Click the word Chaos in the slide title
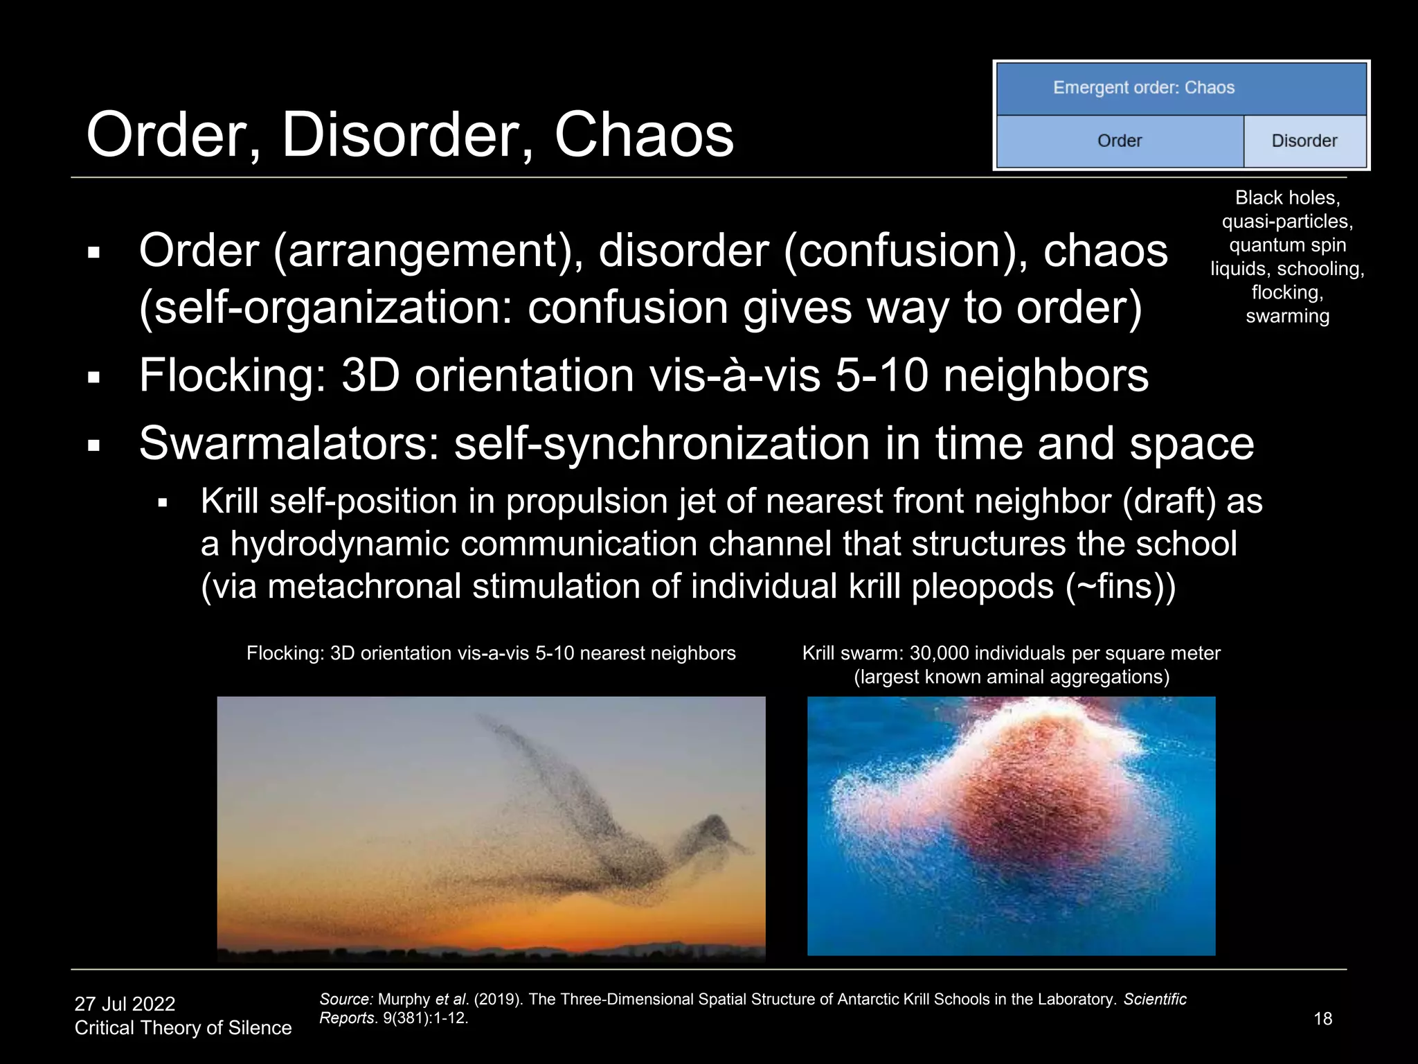643,135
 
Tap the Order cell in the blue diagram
1119,141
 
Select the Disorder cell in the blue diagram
1304,141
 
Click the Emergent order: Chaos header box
1181,88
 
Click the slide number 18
1322,1018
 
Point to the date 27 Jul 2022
125,1004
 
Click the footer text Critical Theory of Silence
183,1027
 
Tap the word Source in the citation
345,1000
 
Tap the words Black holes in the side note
1287,198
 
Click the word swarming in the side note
1287,317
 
